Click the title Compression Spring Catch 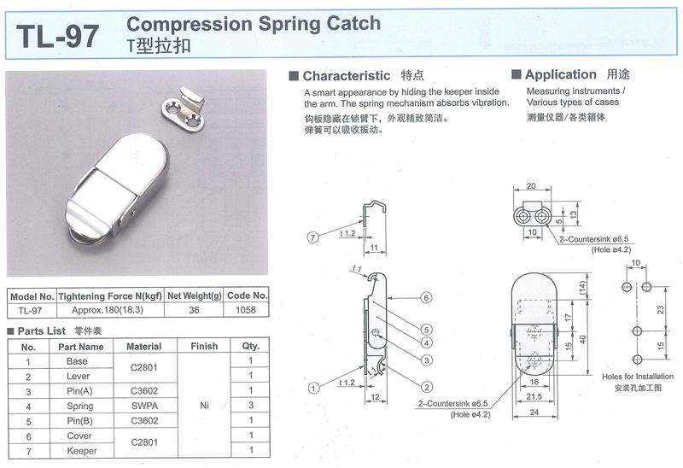(x=254, y=24)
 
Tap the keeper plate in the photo (x=187, y=108)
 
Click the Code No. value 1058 (x=248, y=310)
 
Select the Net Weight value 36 (x=194, y=310)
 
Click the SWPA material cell (x=143, y=406)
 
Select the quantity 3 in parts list (x=250, y=406)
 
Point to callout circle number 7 (x=313, y=237)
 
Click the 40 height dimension (x=584, y=339)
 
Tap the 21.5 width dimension (x=534, y=398)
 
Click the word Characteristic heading (x=346, y=75)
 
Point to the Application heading (x=560, y=74)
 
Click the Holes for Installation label (x=637, y=377)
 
